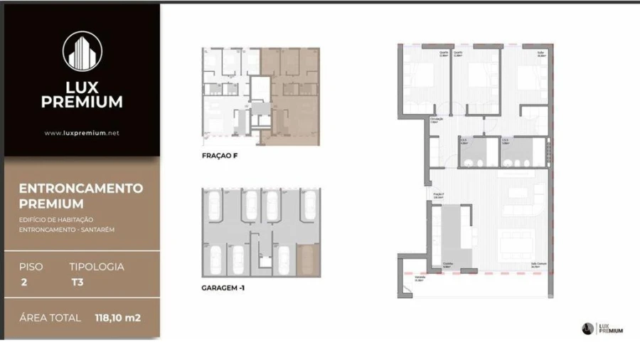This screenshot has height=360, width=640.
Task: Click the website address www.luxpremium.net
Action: (81, 132)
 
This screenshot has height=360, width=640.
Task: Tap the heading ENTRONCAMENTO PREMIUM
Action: (80, 196)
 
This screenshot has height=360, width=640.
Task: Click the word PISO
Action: (31, 267)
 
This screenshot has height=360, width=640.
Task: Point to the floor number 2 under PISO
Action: (24, 282)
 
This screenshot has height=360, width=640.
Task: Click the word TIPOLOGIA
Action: (97, 267)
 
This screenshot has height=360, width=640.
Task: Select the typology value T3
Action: (76, 282)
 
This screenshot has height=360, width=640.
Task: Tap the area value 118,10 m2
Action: (117, 318)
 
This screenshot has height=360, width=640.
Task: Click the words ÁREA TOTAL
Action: (50, 318)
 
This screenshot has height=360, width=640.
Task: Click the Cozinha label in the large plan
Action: (448, 263)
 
